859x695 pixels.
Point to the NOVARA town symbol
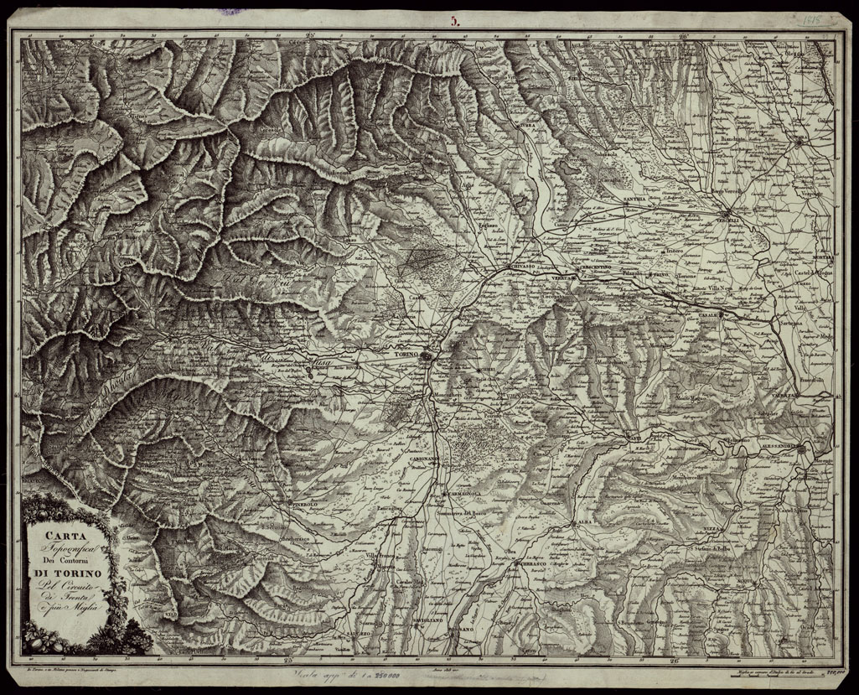(800, 142)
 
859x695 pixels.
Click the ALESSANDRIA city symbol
(801, 450)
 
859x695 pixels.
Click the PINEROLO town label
(310, 506)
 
